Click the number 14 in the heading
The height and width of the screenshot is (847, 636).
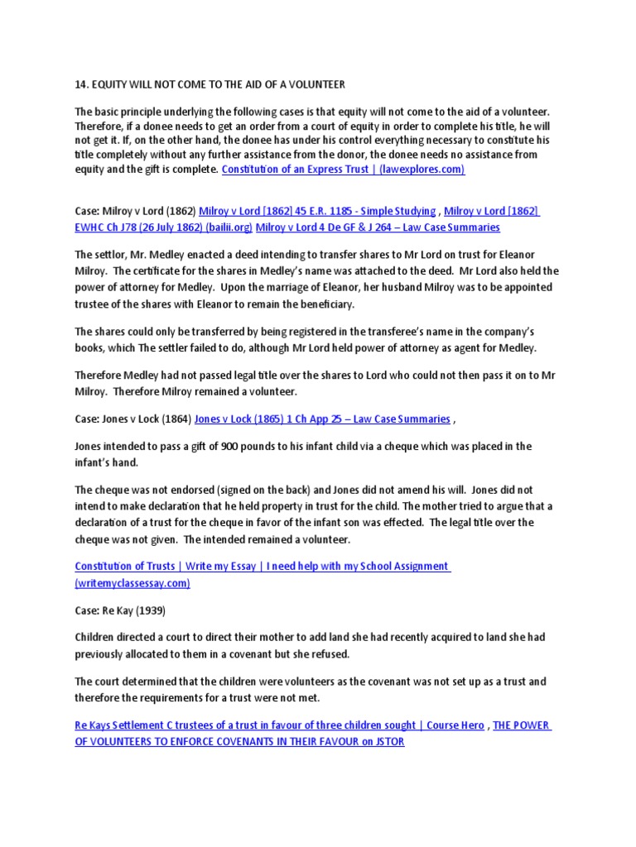point(80,85)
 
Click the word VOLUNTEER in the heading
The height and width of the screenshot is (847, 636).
point(316,85)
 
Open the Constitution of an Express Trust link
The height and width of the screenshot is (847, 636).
point(343,170)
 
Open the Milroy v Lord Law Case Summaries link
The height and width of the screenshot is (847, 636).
point(378,227)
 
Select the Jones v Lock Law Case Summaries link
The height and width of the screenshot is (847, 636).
point(322,419)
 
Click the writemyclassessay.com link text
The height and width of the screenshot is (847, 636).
point(132,582)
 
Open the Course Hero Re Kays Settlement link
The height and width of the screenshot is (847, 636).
point(279,725)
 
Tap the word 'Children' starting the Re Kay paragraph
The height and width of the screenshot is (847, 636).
point(97,638)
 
